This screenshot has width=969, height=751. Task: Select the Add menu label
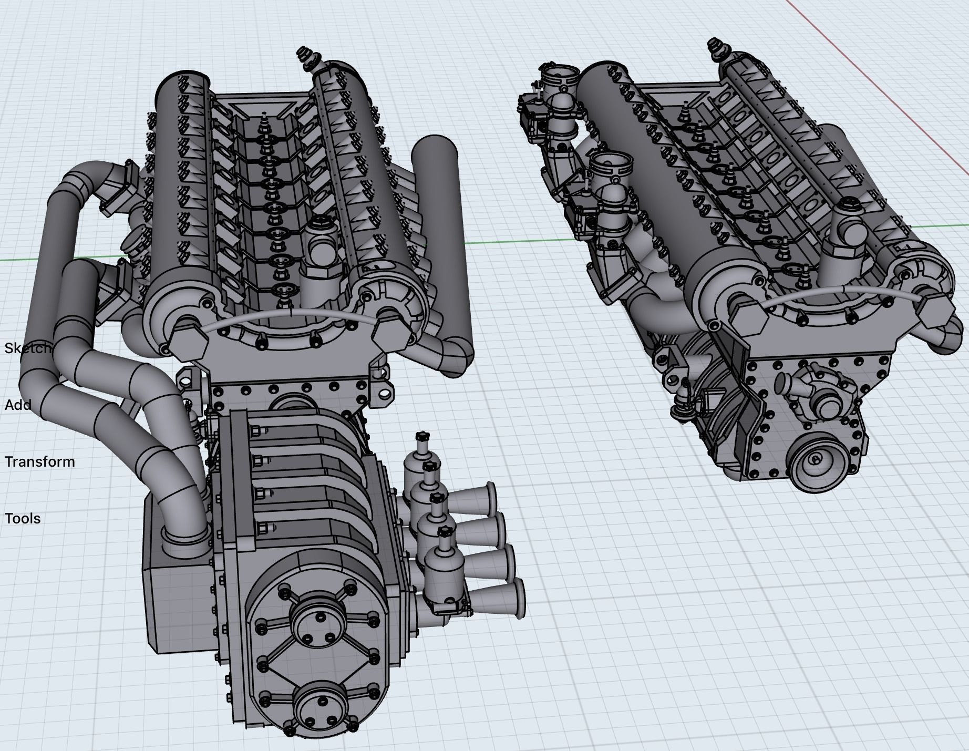(18, 405)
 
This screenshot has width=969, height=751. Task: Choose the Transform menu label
(40, 462)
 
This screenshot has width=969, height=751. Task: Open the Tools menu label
(23, 519)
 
